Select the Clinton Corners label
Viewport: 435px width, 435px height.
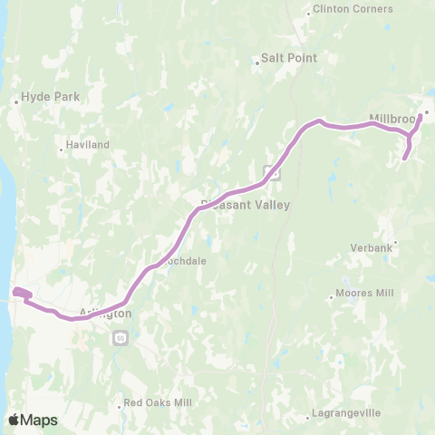tap(352, 9)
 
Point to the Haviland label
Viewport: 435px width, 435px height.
tap(88, 145)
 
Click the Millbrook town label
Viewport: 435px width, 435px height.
tap(392, 118)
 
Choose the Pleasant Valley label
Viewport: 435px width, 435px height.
tap(246, 205)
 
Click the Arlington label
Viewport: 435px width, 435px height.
tap(105, 313)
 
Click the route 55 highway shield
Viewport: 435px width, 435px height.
tap(120, 338)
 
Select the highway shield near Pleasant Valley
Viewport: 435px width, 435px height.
tap(271, 172)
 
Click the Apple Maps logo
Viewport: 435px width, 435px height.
tap(34, 420)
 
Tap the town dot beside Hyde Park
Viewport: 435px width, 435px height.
tap(17, 102)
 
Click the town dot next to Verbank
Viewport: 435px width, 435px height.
tap(395, 242)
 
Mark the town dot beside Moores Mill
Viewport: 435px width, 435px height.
tap(331, 295)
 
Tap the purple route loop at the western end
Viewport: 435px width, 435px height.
tap(23, 294)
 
